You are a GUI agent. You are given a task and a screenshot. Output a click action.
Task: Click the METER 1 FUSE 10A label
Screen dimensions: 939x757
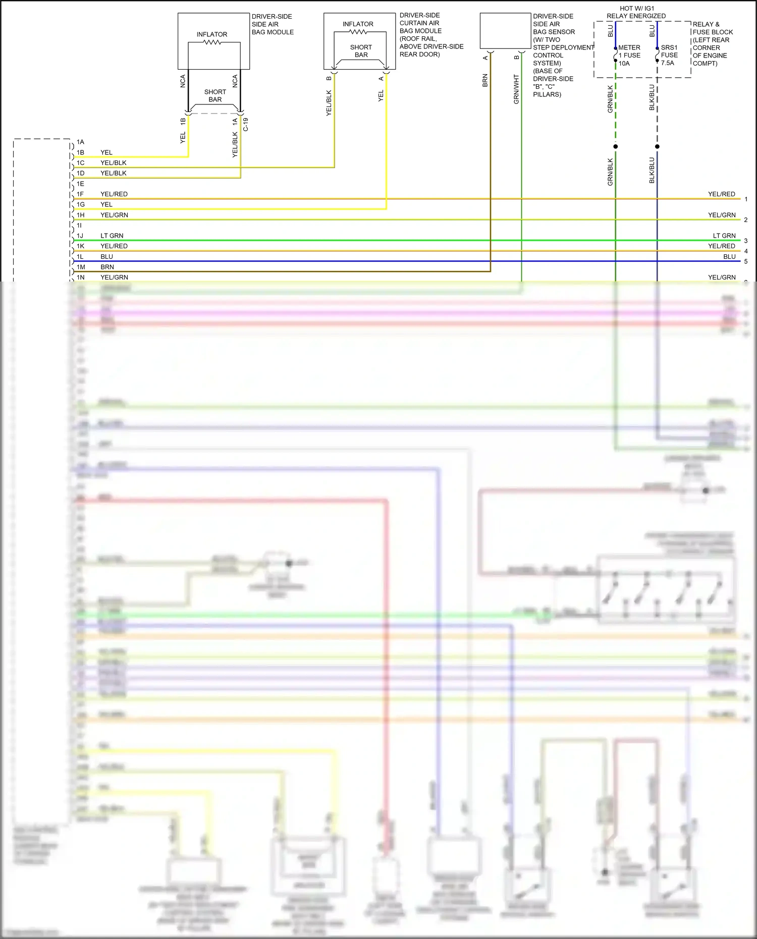point(629,56)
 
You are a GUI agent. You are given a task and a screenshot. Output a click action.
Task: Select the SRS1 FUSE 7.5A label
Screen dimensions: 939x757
point(669,55)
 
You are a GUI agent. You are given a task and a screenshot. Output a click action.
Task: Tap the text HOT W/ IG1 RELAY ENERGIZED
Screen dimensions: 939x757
point(636,12)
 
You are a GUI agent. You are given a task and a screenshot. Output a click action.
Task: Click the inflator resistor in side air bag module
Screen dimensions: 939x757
point(212,42)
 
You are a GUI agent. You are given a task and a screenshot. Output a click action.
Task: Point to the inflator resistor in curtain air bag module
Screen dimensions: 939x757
point(358,32)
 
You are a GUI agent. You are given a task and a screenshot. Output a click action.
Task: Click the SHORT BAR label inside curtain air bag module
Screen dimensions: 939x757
point(361,51)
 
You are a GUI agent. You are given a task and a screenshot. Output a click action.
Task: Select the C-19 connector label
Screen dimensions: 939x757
point(246,125)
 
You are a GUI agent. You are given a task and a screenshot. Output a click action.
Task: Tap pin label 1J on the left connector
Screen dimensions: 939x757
point(80,236)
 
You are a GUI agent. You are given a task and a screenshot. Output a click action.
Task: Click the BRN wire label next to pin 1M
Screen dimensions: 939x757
point(107,267)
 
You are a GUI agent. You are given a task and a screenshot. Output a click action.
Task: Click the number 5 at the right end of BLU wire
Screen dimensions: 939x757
point(745,261)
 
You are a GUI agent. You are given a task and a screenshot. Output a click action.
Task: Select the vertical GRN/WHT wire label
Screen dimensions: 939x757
point(516,89)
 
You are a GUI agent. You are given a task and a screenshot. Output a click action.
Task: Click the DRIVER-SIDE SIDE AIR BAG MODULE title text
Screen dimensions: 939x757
point(273,24)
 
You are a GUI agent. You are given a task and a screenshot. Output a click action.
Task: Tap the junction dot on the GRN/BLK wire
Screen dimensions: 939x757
point(615,146)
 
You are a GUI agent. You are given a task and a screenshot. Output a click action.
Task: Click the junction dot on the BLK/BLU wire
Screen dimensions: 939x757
point(657,146)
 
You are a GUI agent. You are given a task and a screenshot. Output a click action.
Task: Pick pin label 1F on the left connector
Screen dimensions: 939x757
point(80,194)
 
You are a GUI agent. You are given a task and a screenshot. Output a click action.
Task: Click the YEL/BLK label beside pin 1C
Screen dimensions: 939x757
point(113,163)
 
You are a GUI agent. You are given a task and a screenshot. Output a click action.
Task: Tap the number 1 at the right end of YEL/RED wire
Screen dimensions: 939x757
point(745,199)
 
